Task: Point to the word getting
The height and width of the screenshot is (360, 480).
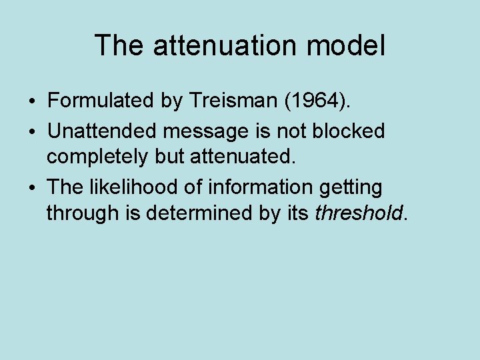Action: tap(351, 188)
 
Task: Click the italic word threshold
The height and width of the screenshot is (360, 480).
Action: tap(359, 213)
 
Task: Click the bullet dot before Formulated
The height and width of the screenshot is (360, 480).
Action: tap(33, 103)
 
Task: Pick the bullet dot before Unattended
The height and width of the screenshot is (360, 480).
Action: tap(33, 132)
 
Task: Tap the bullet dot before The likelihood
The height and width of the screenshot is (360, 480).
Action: tap(33, 188)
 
